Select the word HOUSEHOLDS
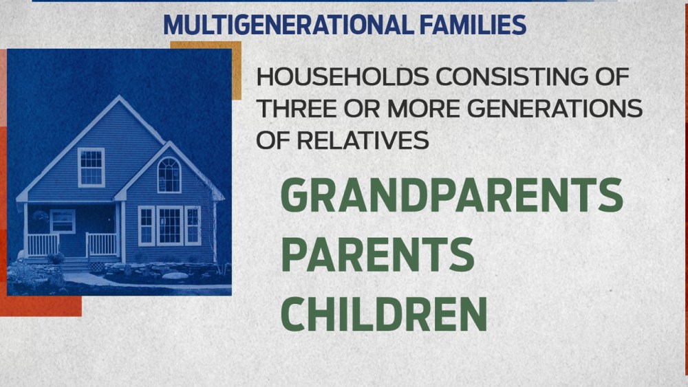[342, 77]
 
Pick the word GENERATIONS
[554, 109]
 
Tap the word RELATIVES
[363, 140]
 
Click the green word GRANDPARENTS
[451, 195]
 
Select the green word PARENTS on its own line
[378, 254]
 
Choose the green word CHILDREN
[384, 314]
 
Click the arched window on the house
[169, 175]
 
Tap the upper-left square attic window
[92, 168]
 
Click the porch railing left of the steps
[43, 245]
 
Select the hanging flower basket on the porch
[41, 217]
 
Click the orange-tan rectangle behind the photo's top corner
[237, 70]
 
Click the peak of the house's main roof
[118, 96]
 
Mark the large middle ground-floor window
[170, 225]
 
